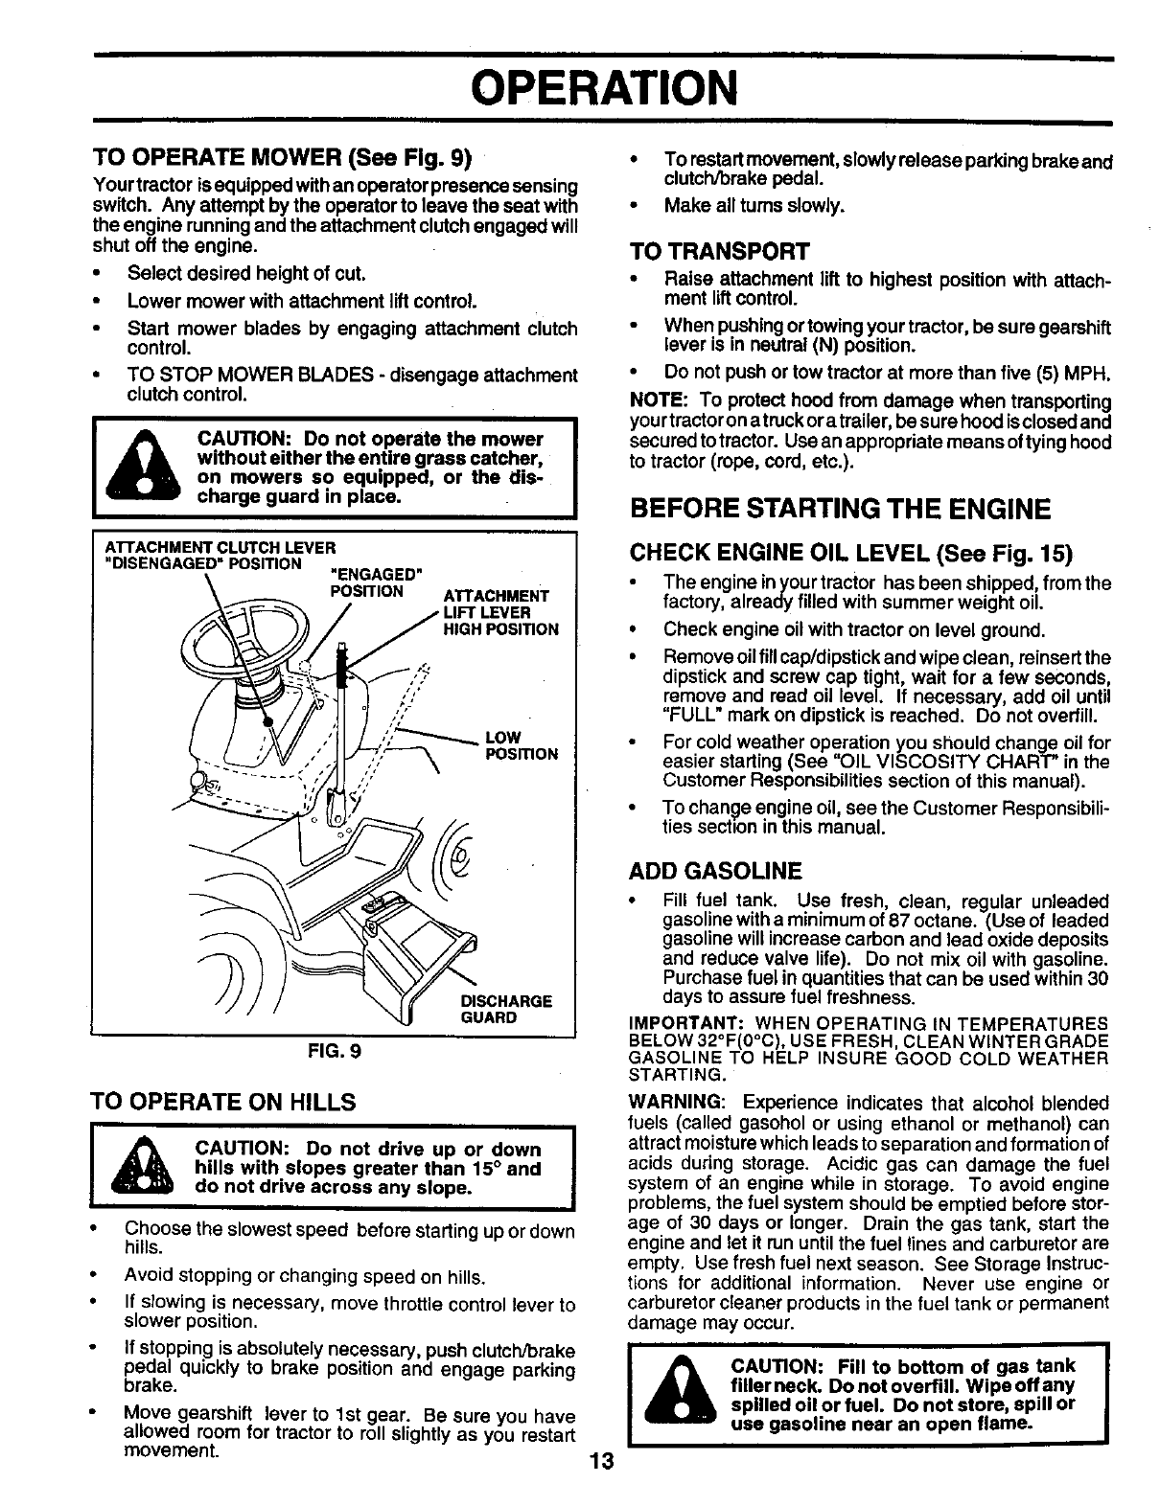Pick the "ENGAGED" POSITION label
coord(375,582)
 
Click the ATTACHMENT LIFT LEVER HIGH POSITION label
coord(500,612)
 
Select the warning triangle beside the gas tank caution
coord(679,1394)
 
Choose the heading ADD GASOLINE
coord(714,871)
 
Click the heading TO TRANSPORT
coord(719,251)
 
